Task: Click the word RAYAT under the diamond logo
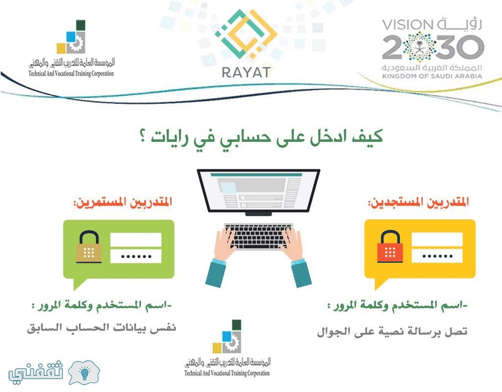tap(246, 72)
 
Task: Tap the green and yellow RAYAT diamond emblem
tap(246, 34)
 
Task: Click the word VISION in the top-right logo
tap(407, 25)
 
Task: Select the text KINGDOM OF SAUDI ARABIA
tap(432, 76)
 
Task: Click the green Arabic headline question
tap(261, 137)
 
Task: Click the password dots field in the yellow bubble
tap(437, 255)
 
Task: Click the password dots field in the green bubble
tap(136, 256)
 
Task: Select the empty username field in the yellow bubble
tap(437, 239)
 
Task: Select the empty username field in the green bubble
tap(136, 240)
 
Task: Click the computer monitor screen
tap(258, 191)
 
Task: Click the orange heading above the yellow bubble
tap(419, 202)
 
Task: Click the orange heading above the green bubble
tap(123, 202)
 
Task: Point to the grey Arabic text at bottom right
tap(392, 331)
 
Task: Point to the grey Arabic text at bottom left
tap(101, 328)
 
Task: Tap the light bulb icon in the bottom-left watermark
tap(84, 372)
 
